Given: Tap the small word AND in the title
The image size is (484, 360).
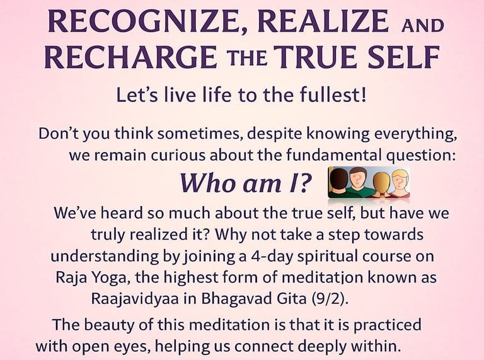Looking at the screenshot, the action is coord(422,25).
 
